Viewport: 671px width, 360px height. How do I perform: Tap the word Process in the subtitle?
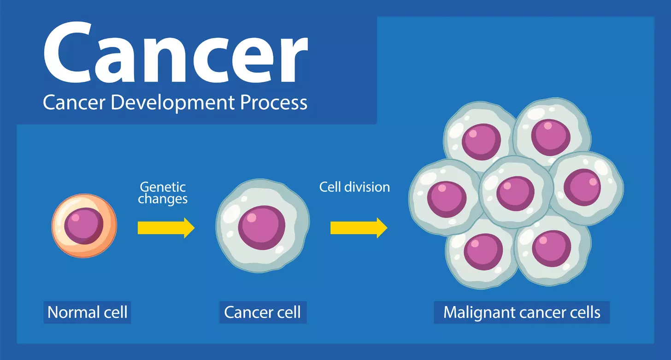click(x=273, y=102)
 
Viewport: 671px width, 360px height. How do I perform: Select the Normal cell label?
click(x=88, y=313)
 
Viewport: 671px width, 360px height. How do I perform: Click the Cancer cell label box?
click(x=262, y=313)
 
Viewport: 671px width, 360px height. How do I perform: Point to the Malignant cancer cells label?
click(x=522, y=313)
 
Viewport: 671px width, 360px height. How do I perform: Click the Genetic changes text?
click(x=163, y=193)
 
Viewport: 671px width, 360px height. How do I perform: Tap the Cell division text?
click(x=354, y=187)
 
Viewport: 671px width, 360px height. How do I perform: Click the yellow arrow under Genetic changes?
click(x=166, y=228)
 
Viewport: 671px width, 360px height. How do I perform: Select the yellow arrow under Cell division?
click(x=359, y=228)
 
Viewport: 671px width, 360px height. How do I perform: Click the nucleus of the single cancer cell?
click(x=261, y=228)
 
